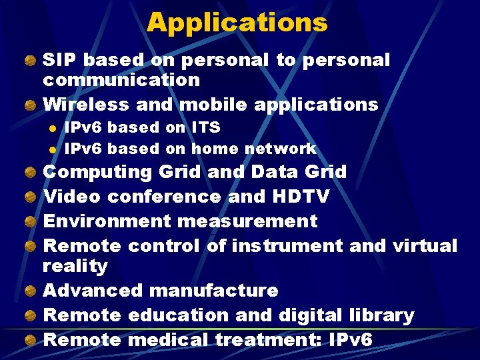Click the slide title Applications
pos(237,23)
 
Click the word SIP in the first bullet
pos(60,60)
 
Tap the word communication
pos(121,80)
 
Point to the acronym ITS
pos(205,127)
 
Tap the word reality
pos(75,266)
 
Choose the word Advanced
pos(93,291)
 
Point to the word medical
pos(168,339)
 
